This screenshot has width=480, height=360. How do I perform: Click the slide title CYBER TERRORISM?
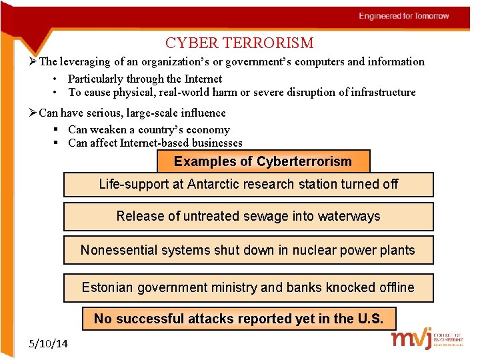[x=239, y=43]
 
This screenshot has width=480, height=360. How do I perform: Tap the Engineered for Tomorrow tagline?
[x=404, y=16]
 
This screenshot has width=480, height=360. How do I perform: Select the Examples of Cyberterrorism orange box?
[x=263, y=161]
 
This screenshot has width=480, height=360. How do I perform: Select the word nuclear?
[x=297, y=250]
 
